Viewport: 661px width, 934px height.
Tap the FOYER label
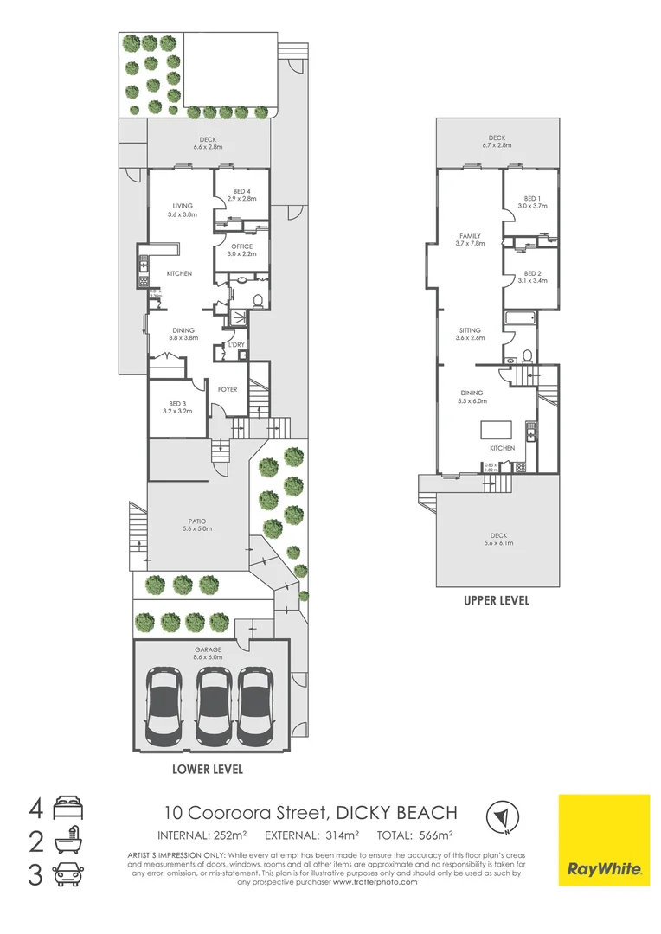tap(228, 389)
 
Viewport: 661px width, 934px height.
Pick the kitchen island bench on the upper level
tap(496, 430)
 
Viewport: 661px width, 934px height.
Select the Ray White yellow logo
tap(604, 839)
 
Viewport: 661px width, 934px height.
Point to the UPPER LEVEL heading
tap(497, 600)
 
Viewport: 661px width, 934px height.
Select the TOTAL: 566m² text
tap(418, 835)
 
